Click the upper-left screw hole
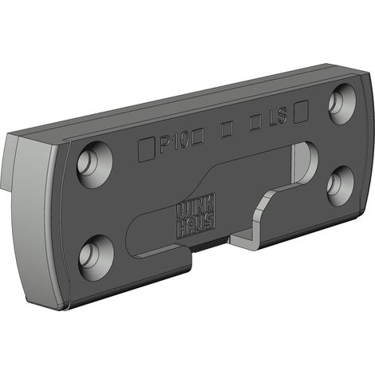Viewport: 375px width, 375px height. tap(95, 164)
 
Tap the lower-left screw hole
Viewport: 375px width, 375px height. tap(97, 258)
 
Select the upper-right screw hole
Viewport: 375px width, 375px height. tap(342, 104)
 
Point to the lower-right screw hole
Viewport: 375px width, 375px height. tap(341, 186)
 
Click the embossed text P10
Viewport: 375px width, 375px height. tap(174, 143)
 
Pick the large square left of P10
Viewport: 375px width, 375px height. tap(147, 149)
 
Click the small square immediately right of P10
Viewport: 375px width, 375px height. tap(198, 136)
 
